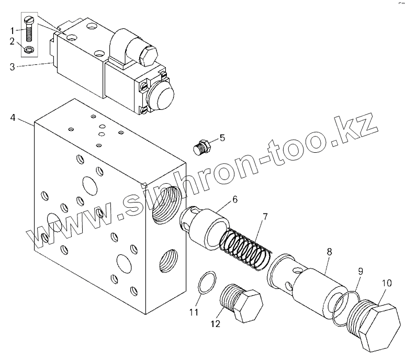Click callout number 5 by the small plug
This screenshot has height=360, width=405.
click(x=222, y=138)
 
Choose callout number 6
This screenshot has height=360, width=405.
click(x=235, y=199)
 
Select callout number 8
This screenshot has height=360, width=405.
click(x=329, y=252)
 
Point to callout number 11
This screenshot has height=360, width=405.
click(x=194, y=313)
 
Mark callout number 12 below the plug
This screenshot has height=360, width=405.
click(x=215, y=324)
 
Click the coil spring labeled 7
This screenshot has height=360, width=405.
click(x=245, y=244)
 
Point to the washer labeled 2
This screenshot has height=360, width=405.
click(x=29, y=50)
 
